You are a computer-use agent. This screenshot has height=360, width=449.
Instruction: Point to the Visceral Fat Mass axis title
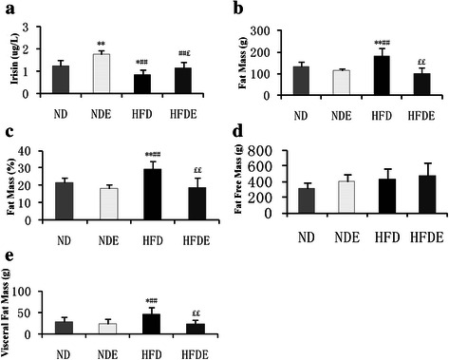(x=9, y=313)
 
